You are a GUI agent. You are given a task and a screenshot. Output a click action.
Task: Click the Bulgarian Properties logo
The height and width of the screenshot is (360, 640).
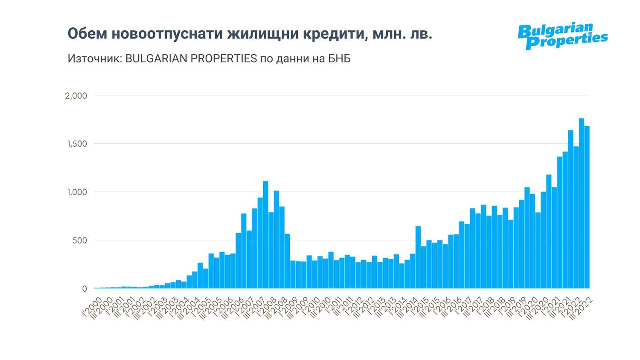click(x=562, y=36)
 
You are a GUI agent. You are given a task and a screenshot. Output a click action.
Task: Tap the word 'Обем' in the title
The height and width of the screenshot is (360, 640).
click(x=87, y=34)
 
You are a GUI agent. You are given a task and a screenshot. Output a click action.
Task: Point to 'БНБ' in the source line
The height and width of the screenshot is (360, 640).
click(x=339, y=58)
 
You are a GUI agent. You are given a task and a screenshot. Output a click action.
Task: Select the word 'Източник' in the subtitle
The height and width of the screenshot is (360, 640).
click(x=94, y=58)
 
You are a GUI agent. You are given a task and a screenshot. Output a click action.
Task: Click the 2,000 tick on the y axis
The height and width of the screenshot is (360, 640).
click(x=76, y=96)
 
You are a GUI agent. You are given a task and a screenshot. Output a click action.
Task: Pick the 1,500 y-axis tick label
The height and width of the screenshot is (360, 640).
click(x=77, y=144)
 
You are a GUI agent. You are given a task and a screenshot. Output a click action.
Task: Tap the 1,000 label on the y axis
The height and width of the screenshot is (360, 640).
click(x=77, y=192)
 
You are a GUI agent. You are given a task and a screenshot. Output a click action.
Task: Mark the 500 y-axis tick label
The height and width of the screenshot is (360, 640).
click(x=79, y=240)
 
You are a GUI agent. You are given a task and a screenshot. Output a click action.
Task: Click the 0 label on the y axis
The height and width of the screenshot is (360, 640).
click(x=84, y=289)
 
